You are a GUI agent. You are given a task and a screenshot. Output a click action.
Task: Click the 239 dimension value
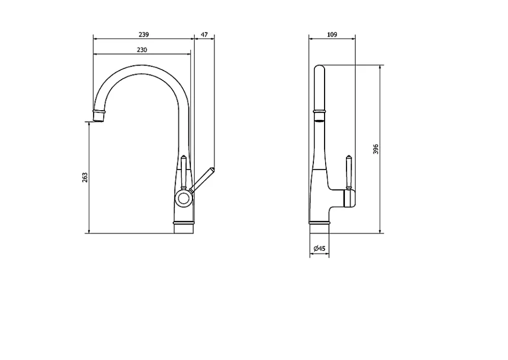click(144, 35)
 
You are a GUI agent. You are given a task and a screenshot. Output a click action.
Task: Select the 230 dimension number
click(142, 50)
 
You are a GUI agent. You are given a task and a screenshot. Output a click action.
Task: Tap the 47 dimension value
click(204, 35)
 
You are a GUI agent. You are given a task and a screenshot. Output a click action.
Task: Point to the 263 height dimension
click(85, 177)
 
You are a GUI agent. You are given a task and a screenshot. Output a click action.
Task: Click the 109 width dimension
click(332, 35)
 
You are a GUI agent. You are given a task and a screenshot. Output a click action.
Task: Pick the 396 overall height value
click(375, 149)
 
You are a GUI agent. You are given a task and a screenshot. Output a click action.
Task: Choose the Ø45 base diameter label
click(320, 248)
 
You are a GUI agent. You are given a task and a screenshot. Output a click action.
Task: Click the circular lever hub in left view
click(184, 198)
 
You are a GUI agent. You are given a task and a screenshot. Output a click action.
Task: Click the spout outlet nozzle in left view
click(99, 116)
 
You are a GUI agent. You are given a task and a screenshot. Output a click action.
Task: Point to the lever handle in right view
click(348, 173)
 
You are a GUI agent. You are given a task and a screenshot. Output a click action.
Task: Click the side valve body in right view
click(350, 198)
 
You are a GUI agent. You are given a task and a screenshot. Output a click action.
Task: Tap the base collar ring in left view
click(184, 223)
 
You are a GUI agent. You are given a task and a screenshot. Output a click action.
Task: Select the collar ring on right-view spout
click(319, 112)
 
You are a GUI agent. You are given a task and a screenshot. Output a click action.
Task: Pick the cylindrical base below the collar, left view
click(184, 229)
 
